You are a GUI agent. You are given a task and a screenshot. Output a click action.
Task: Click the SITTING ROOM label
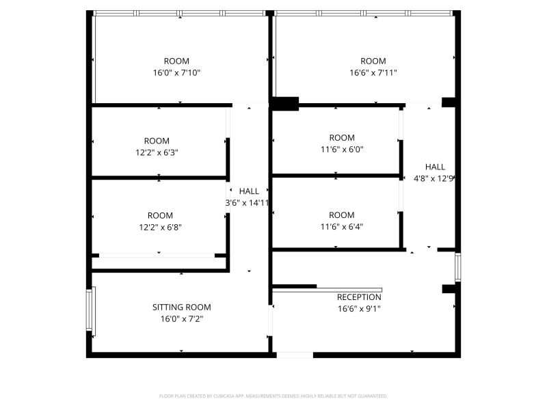click(x=181, y=307)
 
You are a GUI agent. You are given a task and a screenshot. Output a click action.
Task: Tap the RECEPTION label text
click(x=359, y=297)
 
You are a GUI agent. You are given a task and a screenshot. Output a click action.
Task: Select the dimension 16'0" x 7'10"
click(x=176, y=73)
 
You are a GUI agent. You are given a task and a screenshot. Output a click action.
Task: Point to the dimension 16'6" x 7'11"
click(x=373, y=73)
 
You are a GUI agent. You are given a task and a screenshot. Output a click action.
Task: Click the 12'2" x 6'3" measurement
click(x=157, y=152)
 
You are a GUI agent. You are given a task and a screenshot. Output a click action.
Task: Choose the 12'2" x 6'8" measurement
click(x=160, y=228)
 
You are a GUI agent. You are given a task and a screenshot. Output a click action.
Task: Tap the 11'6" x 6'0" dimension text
click(x=342, y=150)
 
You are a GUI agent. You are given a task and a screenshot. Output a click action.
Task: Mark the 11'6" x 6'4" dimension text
click(x=342, y=227)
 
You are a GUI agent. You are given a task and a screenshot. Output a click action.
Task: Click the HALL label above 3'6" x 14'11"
click(x=249, y=191)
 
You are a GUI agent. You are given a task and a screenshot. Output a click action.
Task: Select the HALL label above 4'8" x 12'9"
click(x=435, y=167)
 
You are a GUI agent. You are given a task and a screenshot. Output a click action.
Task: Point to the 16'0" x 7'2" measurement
click(x=181, y=319)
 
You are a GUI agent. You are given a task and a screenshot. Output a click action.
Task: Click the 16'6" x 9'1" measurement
click(x=359, y=309)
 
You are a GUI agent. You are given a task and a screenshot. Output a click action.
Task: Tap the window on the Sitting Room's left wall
click(x=91, y=310)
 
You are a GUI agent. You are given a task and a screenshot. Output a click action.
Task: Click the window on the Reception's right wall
click(x=458, y=267)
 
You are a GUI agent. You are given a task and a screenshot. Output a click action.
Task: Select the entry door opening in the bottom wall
click(x=295, y=355)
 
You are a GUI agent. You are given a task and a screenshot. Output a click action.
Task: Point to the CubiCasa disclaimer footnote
click(x=273, y=396)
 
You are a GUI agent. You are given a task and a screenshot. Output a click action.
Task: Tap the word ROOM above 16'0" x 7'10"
click(x=176, y=61)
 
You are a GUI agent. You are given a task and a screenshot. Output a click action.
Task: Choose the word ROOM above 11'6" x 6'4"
click(x=342, y=215)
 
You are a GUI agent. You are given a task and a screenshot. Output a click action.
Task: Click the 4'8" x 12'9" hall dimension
click(x=433, y=179)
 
